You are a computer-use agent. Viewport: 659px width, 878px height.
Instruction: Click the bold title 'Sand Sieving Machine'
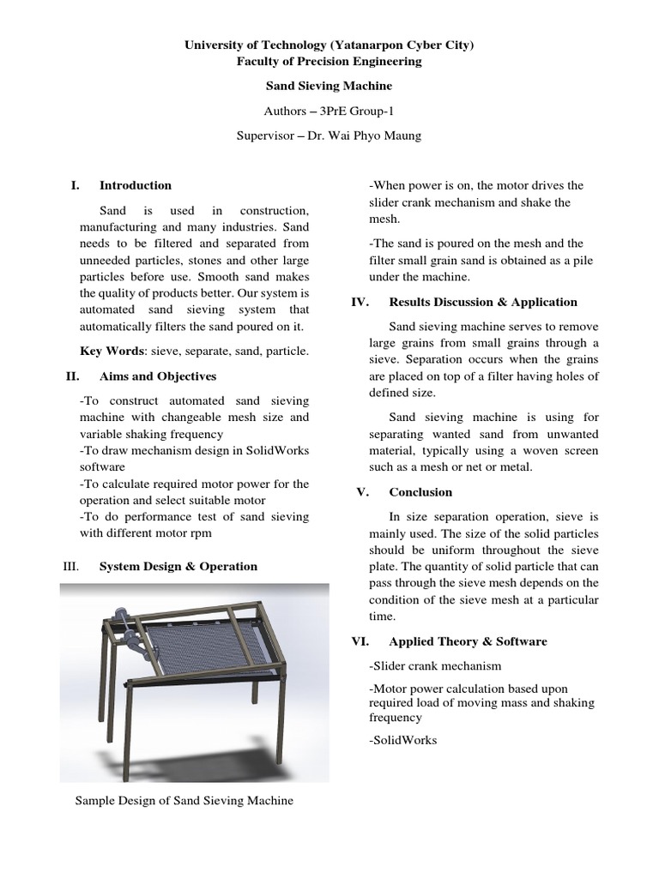(x=329, y=86)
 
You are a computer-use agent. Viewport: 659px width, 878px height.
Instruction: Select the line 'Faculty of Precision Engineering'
(x=329, y=61)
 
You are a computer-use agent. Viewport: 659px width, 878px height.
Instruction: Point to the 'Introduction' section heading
(x=136, y=185)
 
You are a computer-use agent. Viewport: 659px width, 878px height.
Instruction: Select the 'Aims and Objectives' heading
(x=158, y=376)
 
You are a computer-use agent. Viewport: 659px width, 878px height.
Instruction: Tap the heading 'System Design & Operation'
(x=178, y=566)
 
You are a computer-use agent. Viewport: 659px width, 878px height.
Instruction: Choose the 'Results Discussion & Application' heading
(x=483, y=302)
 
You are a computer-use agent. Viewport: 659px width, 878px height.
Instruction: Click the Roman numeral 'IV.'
(x=361, y=302)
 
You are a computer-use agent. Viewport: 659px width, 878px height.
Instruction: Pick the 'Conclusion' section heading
(x=420, y=492)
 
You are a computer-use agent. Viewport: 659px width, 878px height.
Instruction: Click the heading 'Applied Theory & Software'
(x=468, y=641)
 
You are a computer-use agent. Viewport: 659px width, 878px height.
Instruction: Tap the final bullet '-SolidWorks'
(x=402, y=740)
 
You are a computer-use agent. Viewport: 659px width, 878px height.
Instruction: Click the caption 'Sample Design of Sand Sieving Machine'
(x=184, y=801)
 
